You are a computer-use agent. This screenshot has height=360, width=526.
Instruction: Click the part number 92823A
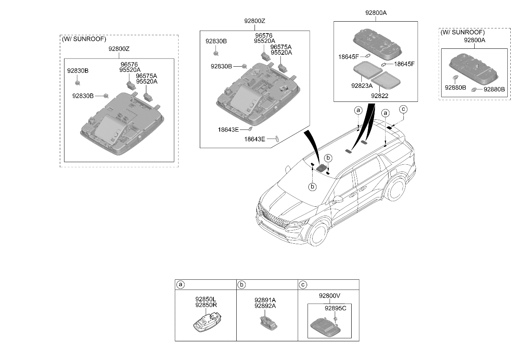click(x=362, y=86)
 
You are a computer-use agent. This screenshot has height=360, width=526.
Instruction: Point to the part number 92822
click(x=380, y=96)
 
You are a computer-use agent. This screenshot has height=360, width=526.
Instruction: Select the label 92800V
click(x=330, y=296)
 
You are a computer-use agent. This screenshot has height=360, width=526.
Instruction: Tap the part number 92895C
click(x=335, y=308)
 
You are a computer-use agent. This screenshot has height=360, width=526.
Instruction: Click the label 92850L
click(x=206, y=299)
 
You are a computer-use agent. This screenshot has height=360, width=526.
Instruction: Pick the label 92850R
click(x=206, y=305)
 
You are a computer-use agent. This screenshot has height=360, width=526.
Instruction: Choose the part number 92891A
click(x=265, y=300)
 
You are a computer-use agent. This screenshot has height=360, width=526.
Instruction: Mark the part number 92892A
click(x=265, y=306)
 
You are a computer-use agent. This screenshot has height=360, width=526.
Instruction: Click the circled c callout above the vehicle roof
click(x=403, y=109)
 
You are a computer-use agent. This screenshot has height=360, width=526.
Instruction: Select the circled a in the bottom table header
click(x=180, y=285)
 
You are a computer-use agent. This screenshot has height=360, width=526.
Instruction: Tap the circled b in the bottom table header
click(x=242, y=285)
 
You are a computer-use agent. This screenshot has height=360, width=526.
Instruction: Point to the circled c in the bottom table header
click(x=303, y=285)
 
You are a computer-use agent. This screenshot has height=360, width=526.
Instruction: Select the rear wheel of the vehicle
click(x=396, y=188)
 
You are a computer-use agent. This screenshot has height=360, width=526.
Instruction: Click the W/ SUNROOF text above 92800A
click(x=463, y=32)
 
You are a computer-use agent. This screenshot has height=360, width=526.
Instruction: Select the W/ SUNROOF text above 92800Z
click(x=84, y=39)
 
